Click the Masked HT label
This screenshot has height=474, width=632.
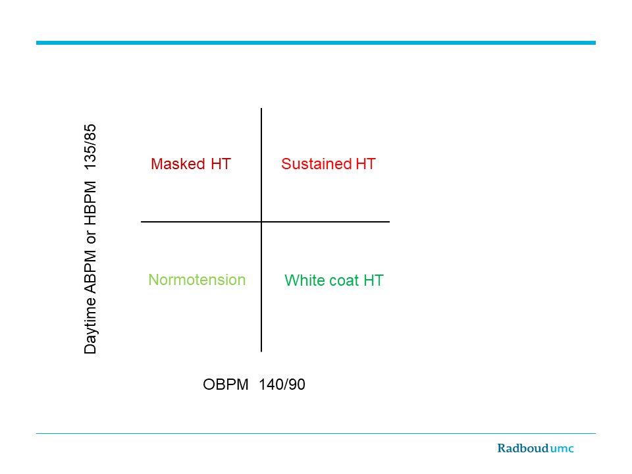coord(191,164)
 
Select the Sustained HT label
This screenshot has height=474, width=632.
coord(329,164)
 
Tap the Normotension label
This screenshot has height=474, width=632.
coord(197,280)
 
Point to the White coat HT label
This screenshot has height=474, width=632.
coord(334,280)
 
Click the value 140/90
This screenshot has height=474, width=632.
coord(282,384)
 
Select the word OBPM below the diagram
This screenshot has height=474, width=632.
coord(226,384)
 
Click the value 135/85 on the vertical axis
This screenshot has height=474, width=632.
coord(90,147)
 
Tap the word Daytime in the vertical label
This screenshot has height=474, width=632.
coord(90,326)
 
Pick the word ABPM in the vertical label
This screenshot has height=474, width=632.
coord(90,272)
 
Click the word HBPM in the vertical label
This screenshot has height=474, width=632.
coord(90,203)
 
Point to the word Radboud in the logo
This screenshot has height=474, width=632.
coord(523,448)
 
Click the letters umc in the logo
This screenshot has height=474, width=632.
coord(562,449)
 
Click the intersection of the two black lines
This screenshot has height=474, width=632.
coord(261,222)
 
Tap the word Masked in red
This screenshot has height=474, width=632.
coord(178,164)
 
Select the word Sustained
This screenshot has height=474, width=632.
coord(317,164)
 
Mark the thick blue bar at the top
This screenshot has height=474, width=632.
coord(316,43)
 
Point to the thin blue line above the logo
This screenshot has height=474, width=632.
coord(316,433)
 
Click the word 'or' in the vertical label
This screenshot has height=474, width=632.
coord(91,238)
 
